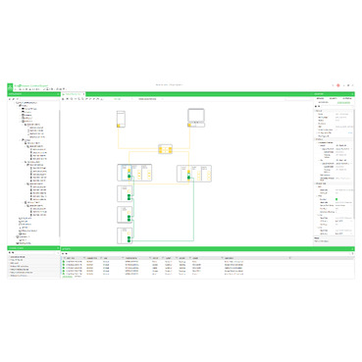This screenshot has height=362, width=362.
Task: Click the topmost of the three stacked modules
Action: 125,193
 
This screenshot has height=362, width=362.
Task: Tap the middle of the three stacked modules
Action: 125,213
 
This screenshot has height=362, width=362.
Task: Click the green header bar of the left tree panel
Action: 29,94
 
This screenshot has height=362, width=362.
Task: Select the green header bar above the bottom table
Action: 196,248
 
